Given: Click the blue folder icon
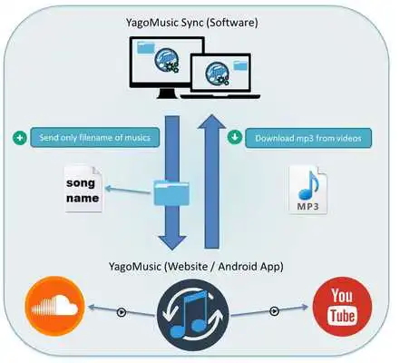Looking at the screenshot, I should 172,192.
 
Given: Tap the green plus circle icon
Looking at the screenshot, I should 19,138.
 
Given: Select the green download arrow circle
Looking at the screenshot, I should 234,138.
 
